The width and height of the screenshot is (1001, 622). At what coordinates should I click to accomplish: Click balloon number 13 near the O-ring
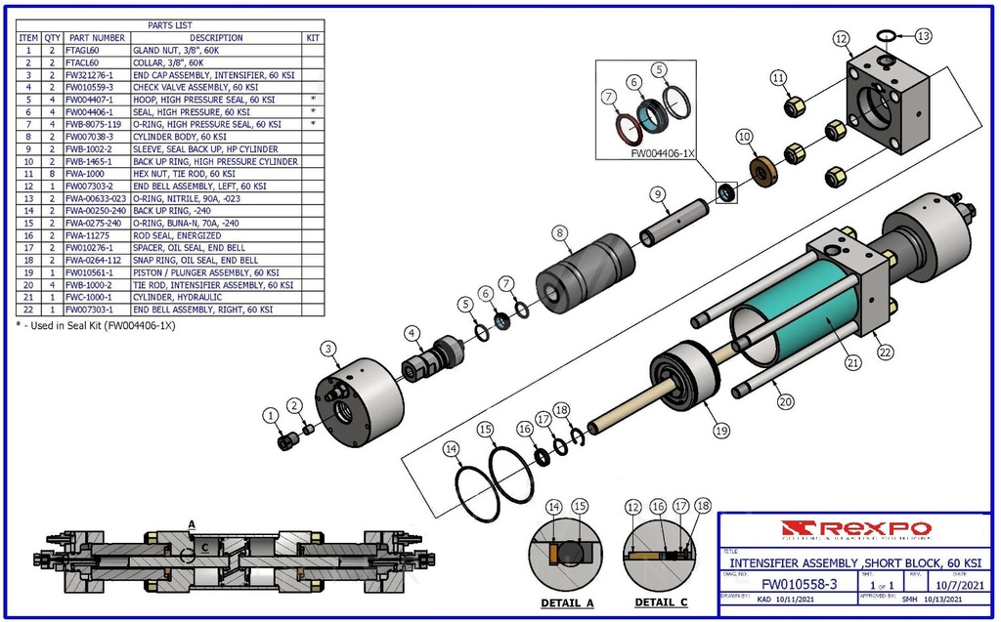click(x=924, y=35)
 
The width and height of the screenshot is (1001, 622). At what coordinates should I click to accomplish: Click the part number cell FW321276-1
click(x=96, y=74)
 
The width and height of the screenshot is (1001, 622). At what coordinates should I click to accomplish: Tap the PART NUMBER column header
click(x=96, y=37)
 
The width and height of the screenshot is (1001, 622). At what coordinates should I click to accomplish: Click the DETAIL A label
click(x=567, y=602)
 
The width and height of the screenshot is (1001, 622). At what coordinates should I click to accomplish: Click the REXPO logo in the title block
click(x=856, y=529)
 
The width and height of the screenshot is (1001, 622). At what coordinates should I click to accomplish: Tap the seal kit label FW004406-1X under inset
click(x=663, y=153)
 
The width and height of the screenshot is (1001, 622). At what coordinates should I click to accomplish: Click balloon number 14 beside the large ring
click(x=451, y=449)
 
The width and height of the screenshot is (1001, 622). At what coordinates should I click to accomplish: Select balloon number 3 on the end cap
click(x=329, y=349)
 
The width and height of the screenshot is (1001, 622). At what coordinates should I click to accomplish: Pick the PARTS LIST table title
click(x=170, y=25)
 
